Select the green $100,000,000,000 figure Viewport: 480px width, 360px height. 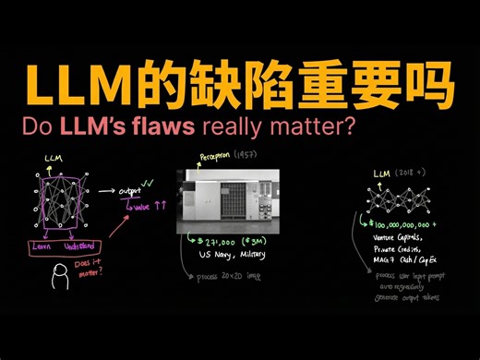click(x=405, y=222)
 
